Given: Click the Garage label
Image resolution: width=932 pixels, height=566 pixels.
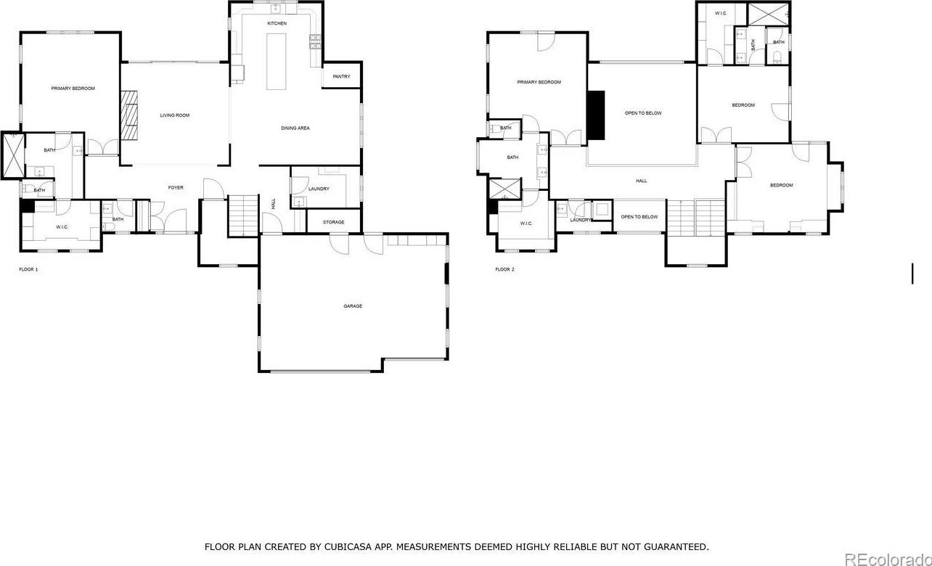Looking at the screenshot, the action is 353,306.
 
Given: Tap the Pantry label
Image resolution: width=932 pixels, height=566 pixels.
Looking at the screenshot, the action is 342,76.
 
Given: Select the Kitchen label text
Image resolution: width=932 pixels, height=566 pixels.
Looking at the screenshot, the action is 277,23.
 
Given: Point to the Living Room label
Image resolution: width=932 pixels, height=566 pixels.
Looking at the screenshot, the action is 175,115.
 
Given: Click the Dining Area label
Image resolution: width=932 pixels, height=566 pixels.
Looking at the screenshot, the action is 295,128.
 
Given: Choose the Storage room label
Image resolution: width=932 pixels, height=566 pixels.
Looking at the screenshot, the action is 334,222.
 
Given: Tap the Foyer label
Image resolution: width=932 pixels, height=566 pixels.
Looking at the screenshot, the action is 176,187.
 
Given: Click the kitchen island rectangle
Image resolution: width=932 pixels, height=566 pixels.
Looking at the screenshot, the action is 277,62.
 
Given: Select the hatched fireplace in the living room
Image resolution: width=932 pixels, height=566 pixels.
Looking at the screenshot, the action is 129,115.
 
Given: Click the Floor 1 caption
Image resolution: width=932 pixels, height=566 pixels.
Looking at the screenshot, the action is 28,269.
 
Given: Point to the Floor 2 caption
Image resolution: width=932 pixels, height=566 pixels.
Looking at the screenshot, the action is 504,269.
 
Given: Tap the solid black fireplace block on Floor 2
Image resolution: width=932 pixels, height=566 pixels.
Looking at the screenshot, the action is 596,115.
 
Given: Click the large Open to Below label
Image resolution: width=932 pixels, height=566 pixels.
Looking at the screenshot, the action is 643,113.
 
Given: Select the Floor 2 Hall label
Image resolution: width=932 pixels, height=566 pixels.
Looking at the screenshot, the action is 642,181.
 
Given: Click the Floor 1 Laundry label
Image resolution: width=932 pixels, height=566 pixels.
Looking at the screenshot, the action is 319,189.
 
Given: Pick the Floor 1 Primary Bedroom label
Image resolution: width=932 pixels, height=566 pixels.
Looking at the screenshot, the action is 73,88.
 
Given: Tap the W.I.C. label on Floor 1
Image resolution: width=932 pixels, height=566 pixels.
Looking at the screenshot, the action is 62,227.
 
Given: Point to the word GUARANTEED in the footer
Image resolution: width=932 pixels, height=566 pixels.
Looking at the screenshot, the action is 676,547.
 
